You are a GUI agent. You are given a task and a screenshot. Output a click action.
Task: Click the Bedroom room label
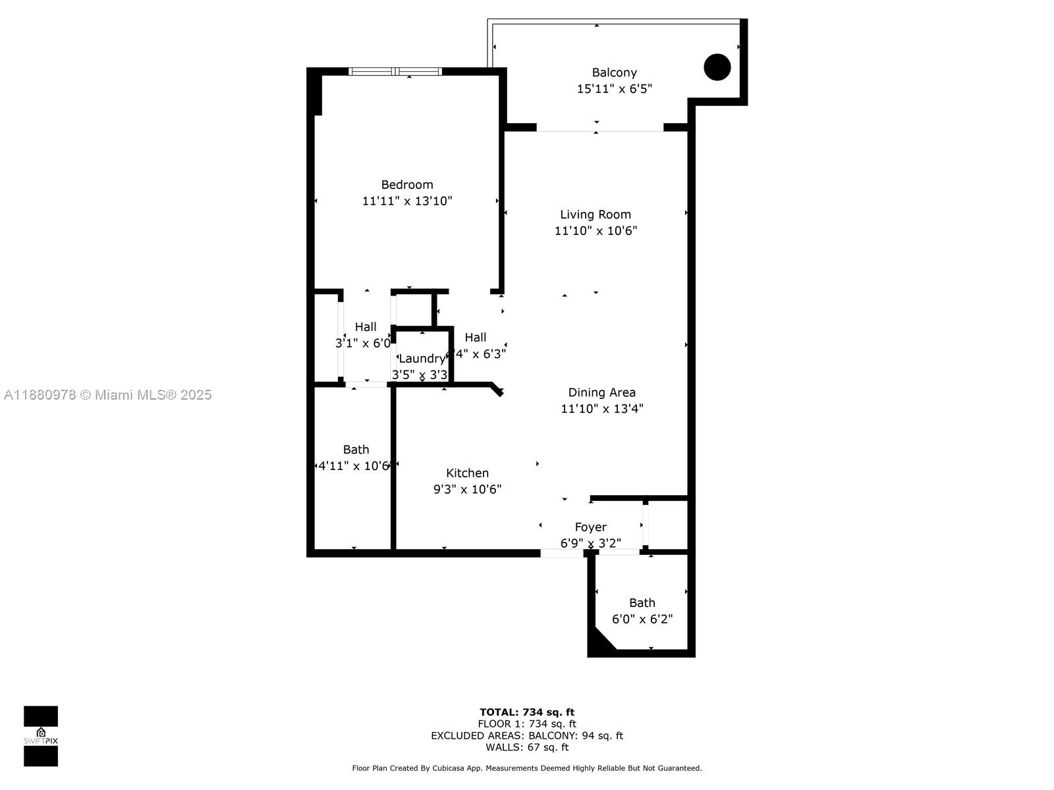(407, 185)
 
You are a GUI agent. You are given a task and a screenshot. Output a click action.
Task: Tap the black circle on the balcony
(717, 67)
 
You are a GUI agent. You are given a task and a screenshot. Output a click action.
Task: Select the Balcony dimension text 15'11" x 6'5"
(614, 89)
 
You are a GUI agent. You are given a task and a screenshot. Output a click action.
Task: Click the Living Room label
(596, 215)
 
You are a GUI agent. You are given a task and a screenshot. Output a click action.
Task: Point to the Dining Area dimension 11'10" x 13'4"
(601, 409)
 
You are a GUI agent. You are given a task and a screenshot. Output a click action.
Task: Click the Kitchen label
(467, 473)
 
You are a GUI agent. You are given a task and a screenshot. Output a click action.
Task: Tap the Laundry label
(422, 359)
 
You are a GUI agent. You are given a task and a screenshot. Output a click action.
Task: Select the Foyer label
(590, 527)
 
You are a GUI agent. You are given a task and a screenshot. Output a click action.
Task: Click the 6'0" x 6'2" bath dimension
(642, 619)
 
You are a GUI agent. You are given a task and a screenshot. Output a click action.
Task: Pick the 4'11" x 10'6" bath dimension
(354, 466)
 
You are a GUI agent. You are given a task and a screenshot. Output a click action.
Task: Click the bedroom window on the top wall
(395, 71)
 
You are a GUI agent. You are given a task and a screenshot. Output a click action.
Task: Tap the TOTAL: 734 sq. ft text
(526, 712)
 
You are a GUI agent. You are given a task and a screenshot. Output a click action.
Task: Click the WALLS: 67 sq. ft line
(526, 747)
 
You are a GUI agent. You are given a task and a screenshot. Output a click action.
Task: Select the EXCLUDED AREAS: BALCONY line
(526, 736)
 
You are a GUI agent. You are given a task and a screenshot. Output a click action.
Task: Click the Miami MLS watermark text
(107, 395)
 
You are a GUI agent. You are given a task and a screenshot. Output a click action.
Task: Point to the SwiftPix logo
(41, 736)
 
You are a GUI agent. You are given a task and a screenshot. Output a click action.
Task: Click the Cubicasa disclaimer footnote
(526, 768)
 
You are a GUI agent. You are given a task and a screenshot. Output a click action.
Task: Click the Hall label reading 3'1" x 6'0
(364, 343)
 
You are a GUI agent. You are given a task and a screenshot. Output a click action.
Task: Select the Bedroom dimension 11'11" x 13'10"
(407, 201)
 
